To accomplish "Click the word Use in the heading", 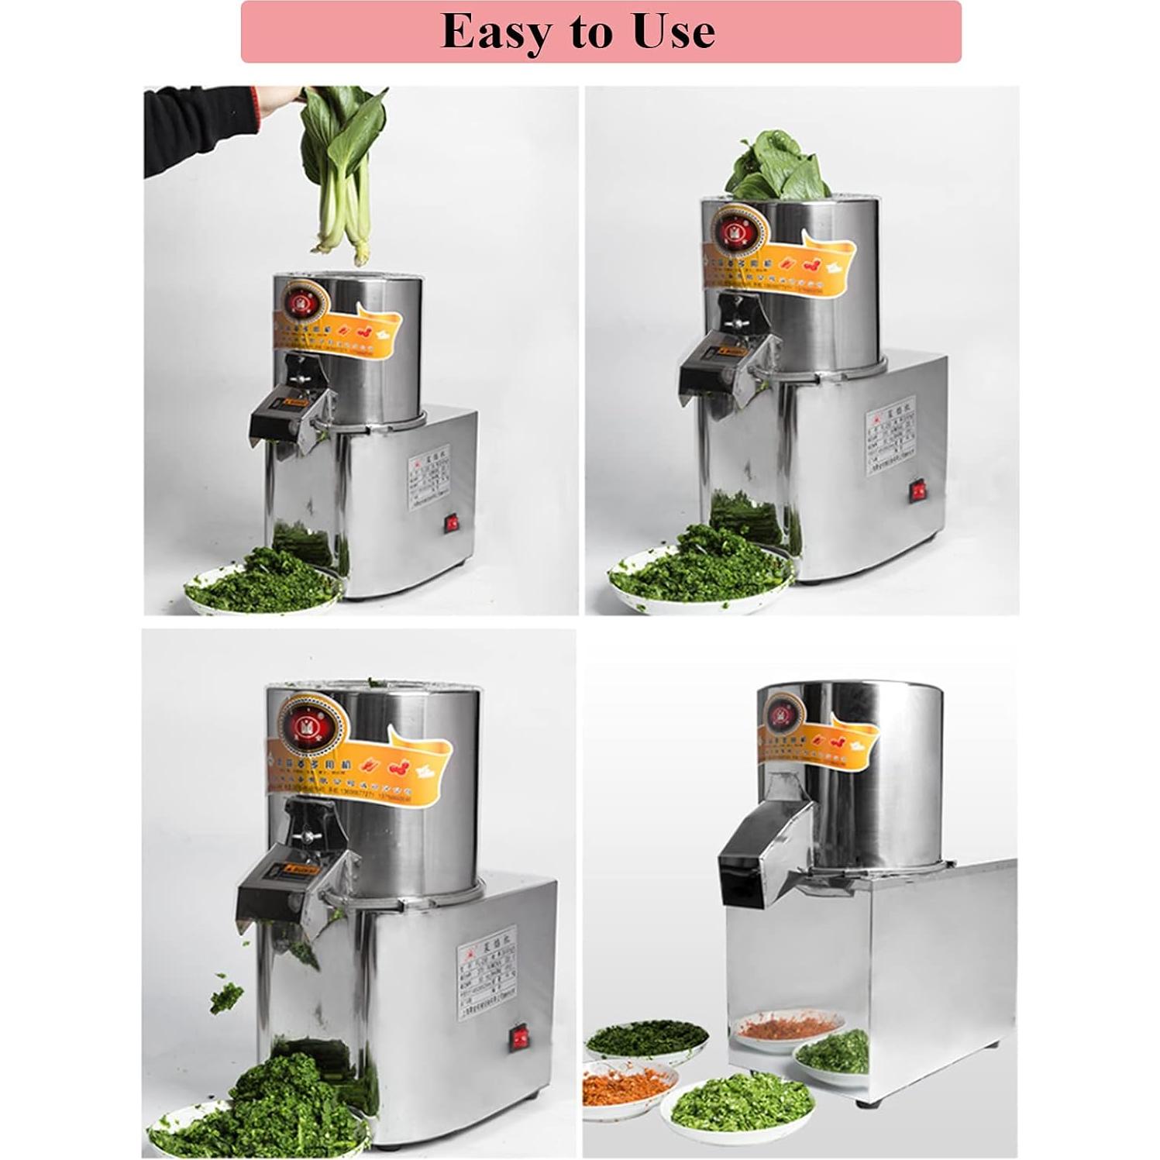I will tap(673, 32).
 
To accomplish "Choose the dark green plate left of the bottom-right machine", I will tap(646, 1038).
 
